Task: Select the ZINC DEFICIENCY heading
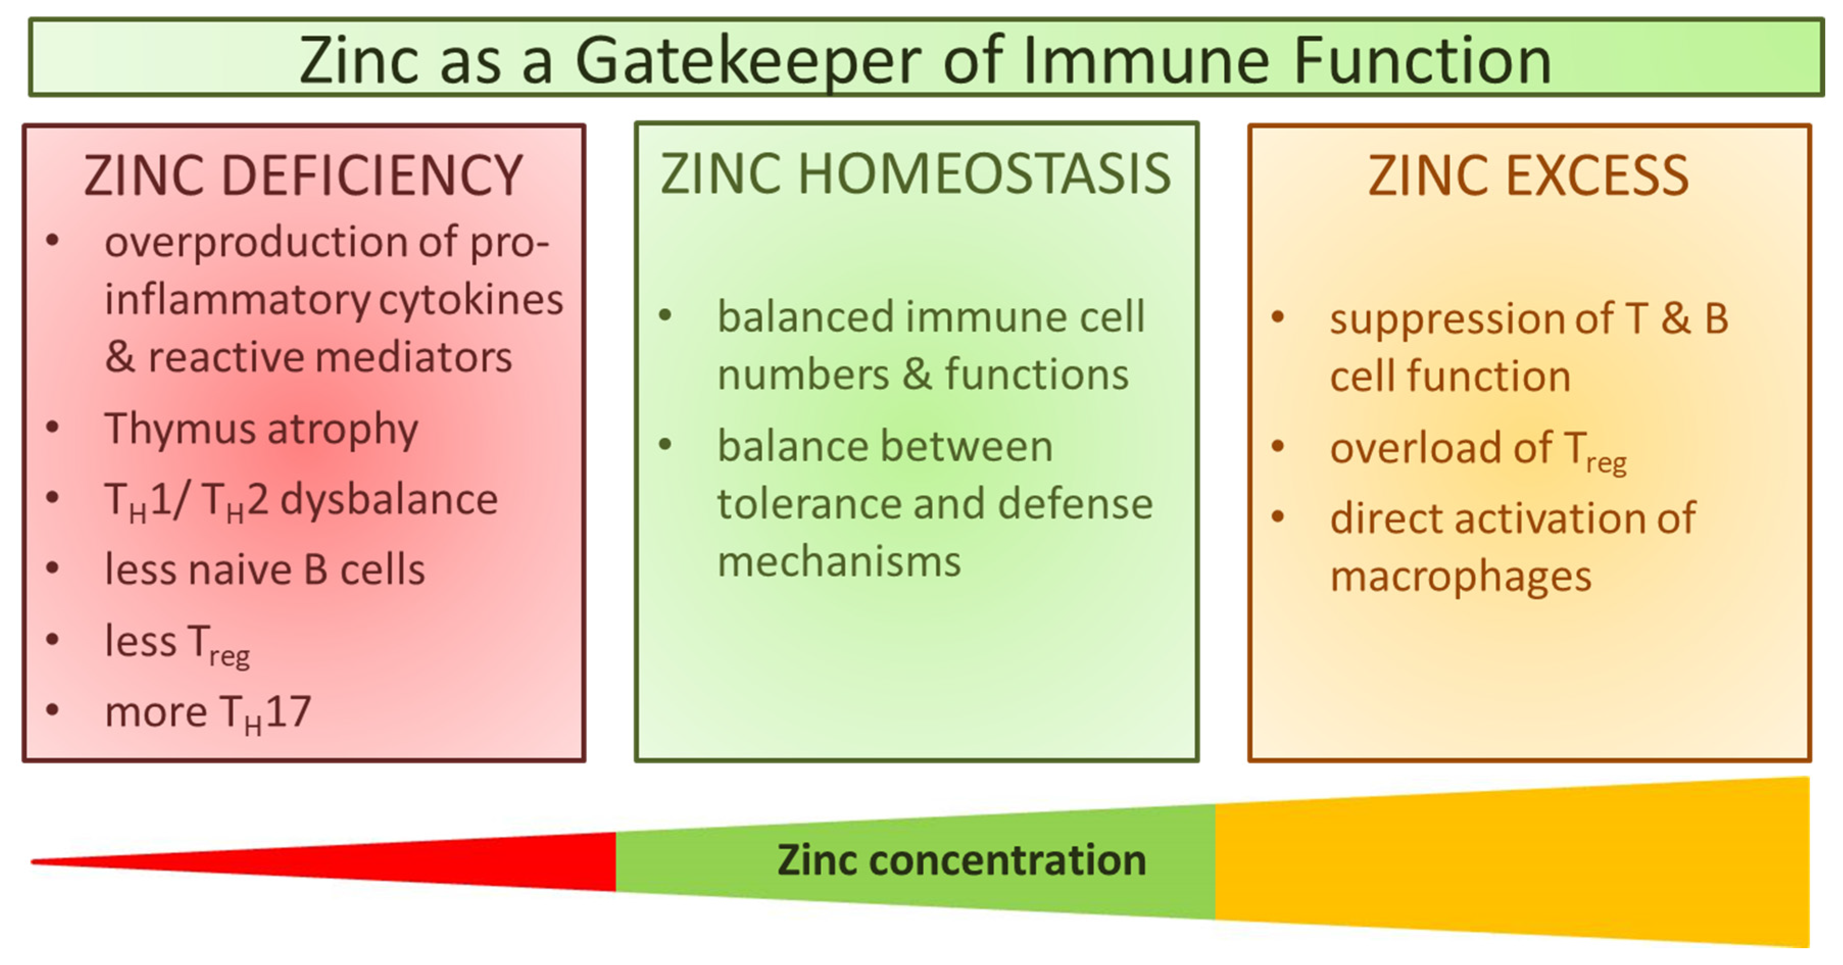point(303,176)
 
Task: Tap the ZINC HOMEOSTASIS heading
point(915,174)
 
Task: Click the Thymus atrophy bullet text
point(261,429)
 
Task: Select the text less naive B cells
point(265,570)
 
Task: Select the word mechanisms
point(839,562)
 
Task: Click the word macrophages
point(1460,577)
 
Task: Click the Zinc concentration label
point(962,860)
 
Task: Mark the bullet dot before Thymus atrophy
point(52,428)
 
